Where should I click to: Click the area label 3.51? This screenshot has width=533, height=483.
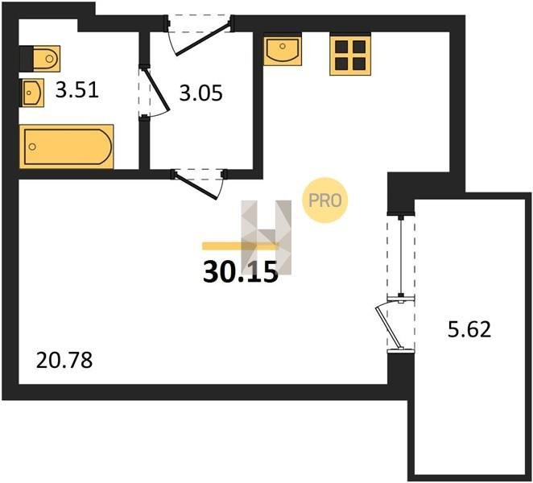click(77, 90)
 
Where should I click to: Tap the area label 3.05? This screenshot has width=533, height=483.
click(201, 93)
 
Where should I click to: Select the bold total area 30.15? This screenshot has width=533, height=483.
click(240, 272)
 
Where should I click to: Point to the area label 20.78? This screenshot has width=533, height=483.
click(64, 361)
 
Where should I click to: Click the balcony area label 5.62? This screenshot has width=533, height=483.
click(469, 329)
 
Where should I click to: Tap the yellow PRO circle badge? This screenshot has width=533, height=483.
click(325, 200)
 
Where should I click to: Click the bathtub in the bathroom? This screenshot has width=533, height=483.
click(66, 147)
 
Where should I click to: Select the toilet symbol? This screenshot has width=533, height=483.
click(40, 59)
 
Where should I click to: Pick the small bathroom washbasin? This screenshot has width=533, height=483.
click(33, 93)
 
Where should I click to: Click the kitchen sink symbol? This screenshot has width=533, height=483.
click(283, 50)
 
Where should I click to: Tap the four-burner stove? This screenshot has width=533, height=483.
click(350, 55)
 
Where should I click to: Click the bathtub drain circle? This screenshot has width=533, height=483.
click(32, 147)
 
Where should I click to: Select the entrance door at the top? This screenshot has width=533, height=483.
click(201, 37)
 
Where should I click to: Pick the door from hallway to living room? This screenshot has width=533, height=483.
click(198, 185)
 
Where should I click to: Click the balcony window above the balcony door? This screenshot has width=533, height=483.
click(401, 256)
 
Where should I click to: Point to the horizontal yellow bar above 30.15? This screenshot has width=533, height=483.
click(241, 246)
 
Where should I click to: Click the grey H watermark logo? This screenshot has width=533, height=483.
click(266, 237)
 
